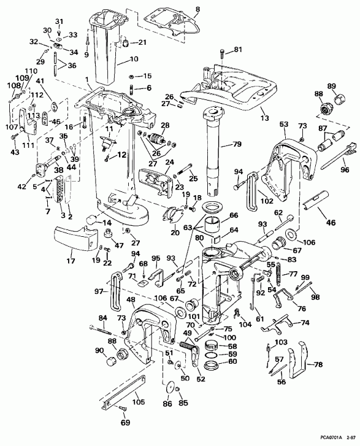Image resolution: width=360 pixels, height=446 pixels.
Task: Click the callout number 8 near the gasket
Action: [x=197, y=10]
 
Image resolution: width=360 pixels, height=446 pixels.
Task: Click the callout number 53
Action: [x=283, y=125]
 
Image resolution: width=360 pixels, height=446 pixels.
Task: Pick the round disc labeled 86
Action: [x=170, y=389]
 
